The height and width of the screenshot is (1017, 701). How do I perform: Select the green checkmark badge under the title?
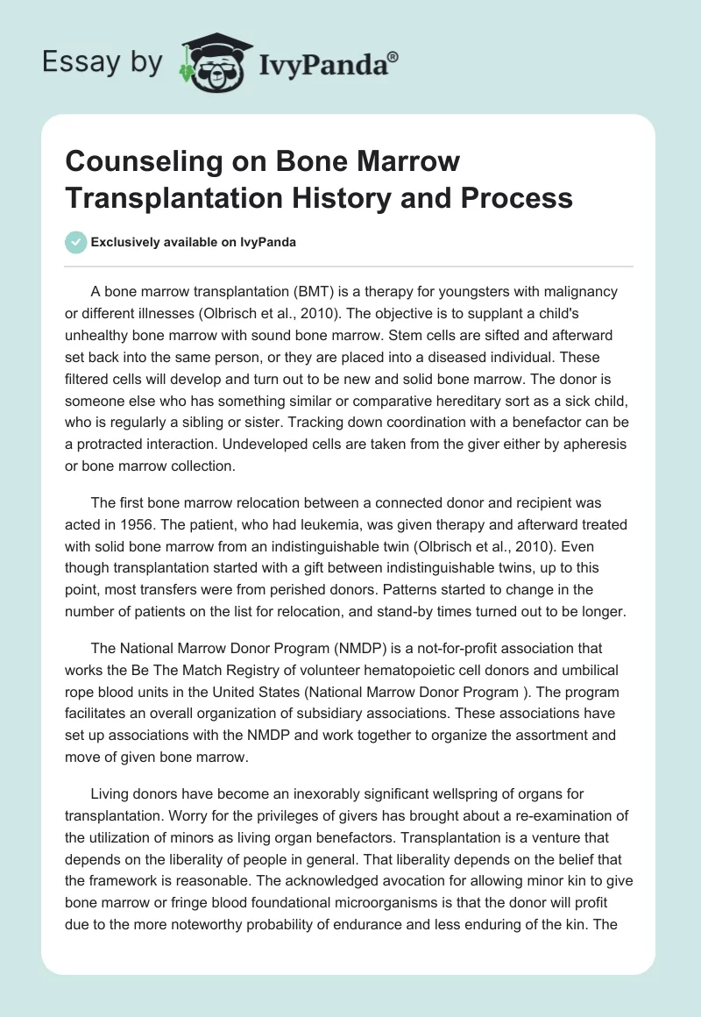(75, 242)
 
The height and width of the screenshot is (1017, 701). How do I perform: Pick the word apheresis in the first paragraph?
(594, 444)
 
